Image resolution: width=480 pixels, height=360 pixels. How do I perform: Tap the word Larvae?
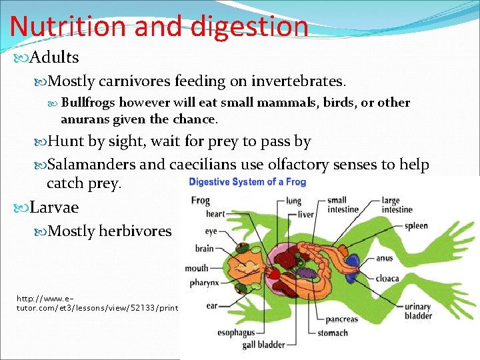point(54,207)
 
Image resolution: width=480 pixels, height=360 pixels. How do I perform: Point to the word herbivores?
point(135,231)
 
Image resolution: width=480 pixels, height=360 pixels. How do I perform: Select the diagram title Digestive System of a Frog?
point(248,182)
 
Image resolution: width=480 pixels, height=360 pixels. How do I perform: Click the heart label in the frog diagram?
point(215,214)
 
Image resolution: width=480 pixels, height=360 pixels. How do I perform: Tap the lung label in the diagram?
point(292,200)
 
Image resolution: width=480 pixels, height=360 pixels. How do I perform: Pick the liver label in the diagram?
point(306,215)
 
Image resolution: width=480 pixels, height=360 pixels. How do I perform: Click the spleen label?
point(416,226)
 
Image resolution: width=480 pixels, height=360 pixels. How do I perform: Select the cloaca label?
point(388,278)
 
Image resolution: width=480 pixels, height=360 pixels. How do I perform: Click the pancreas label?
point(342,319)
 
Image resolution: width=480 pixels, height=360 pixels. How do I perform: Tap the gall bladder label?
point(264,345)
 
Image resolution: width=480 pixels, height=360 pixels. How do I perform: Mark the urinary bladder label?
point(418,311)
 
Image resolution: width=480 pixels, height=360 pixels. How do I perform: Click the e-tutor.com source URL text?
point(97,303)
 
